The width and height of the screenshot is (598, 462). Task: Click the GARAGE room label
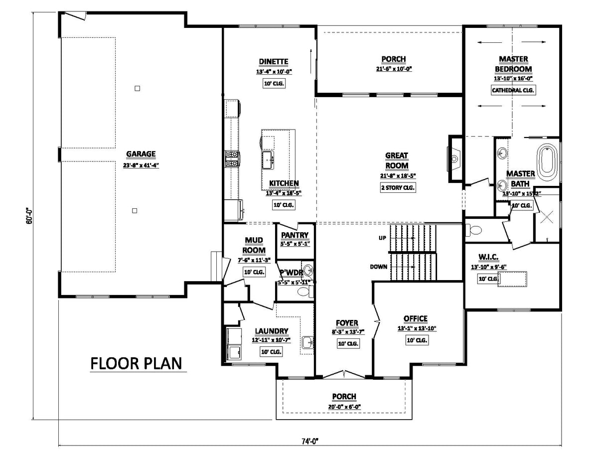coord(141,154)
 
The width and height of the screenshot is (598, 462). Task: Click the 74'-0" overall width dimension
coord(309,441)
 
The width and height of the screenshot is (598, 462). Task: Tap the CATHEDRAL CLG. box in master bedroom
coord(513,90)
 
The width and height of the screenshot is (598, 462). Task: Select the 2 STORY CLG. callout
coord(397,187)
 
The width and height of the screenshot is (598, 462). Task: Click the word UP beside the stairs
coord(383,238)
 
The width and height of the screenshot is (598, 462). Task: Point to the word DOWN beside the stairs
coord(379,267)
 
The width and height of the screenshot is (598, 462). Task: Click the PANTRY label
coord(295,235)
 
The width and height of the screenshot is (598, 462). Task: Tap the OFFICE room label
coord(415,319)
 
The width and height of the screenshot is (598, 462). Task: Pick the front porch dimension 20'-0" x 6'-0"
coord(344,406)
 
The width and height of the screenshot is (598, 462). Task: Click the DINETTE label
coord(273,62)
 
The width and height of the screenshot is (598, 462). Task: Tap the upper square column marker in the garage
coord(138,89)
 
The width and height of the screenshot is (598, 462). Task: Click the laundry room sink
coord(307,342)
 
